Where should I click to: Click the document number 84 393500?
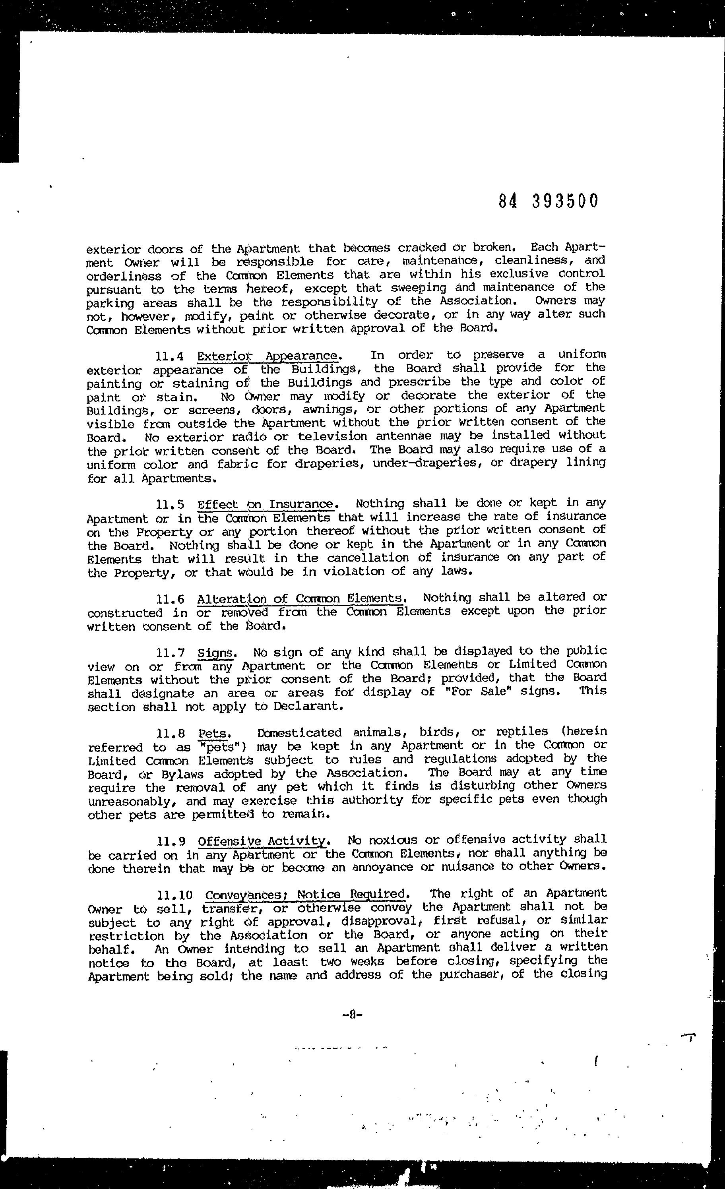tap(549, 201)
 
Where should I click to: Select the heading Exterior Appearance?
tap(268, 356)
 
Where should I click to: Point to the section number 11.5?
tap(171, 505)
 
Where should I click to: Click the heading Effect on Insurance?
tap(266, 504)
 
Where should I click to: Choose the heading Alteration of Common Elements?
tap(299, 599)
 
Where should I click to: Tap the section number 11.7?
tap(171, 653)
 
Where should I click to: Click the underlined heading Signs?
tap(216, 653)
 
